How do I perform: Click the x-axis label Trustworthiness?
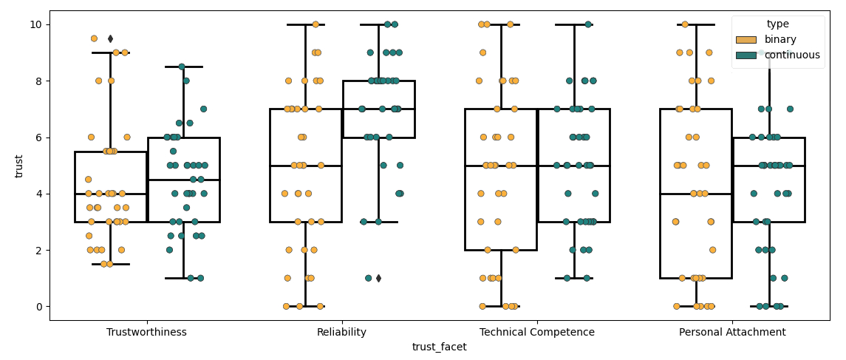point(146,333)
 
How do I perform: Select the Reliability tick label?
point(341,333)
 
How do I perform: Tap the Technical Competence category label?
point(537,333)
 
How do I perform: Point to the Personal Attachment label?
point(732,333)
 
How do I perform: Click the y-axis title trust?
point(19,166)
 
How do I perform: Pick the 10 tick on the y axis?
point(36,24)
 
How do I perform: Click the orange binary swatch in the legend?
point(746,39)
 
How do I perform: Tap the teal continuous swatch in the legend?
point(746,55)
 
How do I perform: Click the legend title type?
point(777,24)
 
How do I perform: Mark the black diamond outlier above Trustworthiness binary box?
point(110,38)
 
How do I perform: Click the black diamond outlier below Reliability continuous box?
point(378,278)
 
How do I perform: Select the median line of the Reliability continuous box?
point(378,109)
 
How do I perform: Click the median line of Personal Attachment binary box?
point(696,194)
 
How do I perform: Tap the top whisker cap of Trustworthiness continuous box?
point(184,67)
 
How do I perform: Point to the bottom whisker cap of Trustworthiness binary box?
point(111,264)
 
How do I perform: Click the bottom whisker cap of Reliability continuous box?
point(378,222)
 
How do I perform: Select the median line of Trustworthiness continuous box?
point(184,180)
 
